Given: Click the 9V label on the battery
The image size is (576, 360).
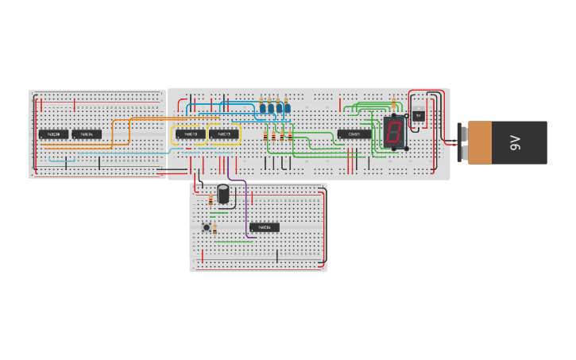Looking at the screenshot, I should [x=515, y=142].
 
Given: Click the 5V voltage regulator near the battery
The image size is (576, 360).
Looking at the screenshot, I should [x=418, y=115].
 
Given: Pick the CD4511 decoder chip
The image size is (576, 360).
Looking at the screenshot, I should [x=354, y=134].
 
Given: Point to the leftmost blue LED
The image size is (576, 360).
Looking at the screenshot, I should [x=262, y=106].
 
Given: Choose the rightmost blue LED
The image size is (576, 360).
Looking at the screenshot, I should [x=288, y=106].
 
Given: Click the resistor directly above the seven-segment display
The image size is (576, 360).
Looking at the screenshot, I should [x=394, y=102].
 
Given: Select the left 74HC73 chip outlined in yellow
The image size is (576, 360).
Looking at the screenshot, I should [x=191, y=134].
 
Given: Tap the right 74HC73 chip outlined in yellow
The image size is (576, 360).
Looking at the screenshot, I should [x=224, y=134].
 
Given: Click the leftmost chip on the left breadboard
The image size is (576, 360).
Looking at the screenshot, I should [x=53, y=134].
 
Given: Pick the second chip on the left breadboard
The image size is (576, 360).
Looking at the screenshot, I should [x=87, y=134].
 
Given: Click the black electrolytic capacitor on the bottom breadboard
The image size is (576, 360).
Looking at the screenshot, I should [x=225, y=194].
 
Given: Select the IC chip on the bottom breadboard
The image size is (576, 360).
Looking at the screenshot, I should [x=265, y=227].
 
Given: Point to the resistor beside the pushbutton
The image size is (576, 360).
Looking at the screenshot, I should [x=215, y=230].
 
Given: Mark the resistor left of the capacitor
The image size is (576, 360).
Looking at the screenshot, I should [x=211, y=200].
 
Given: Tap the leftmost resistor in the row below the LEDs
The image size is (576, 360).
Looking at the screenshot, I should [x=266, y=137].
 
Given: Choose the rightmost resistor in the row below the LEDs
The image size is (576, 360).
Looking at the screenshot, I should [x=290, y=137].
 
